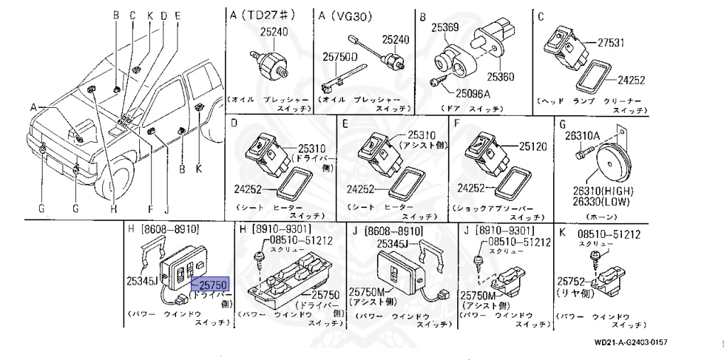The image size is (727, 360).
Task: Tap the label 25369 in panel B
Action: (447, 27)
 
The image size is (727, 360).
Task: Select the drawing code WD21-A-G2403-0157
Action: (630, 342)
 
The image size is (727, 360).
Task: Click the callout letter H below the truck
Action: (112, 209)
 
